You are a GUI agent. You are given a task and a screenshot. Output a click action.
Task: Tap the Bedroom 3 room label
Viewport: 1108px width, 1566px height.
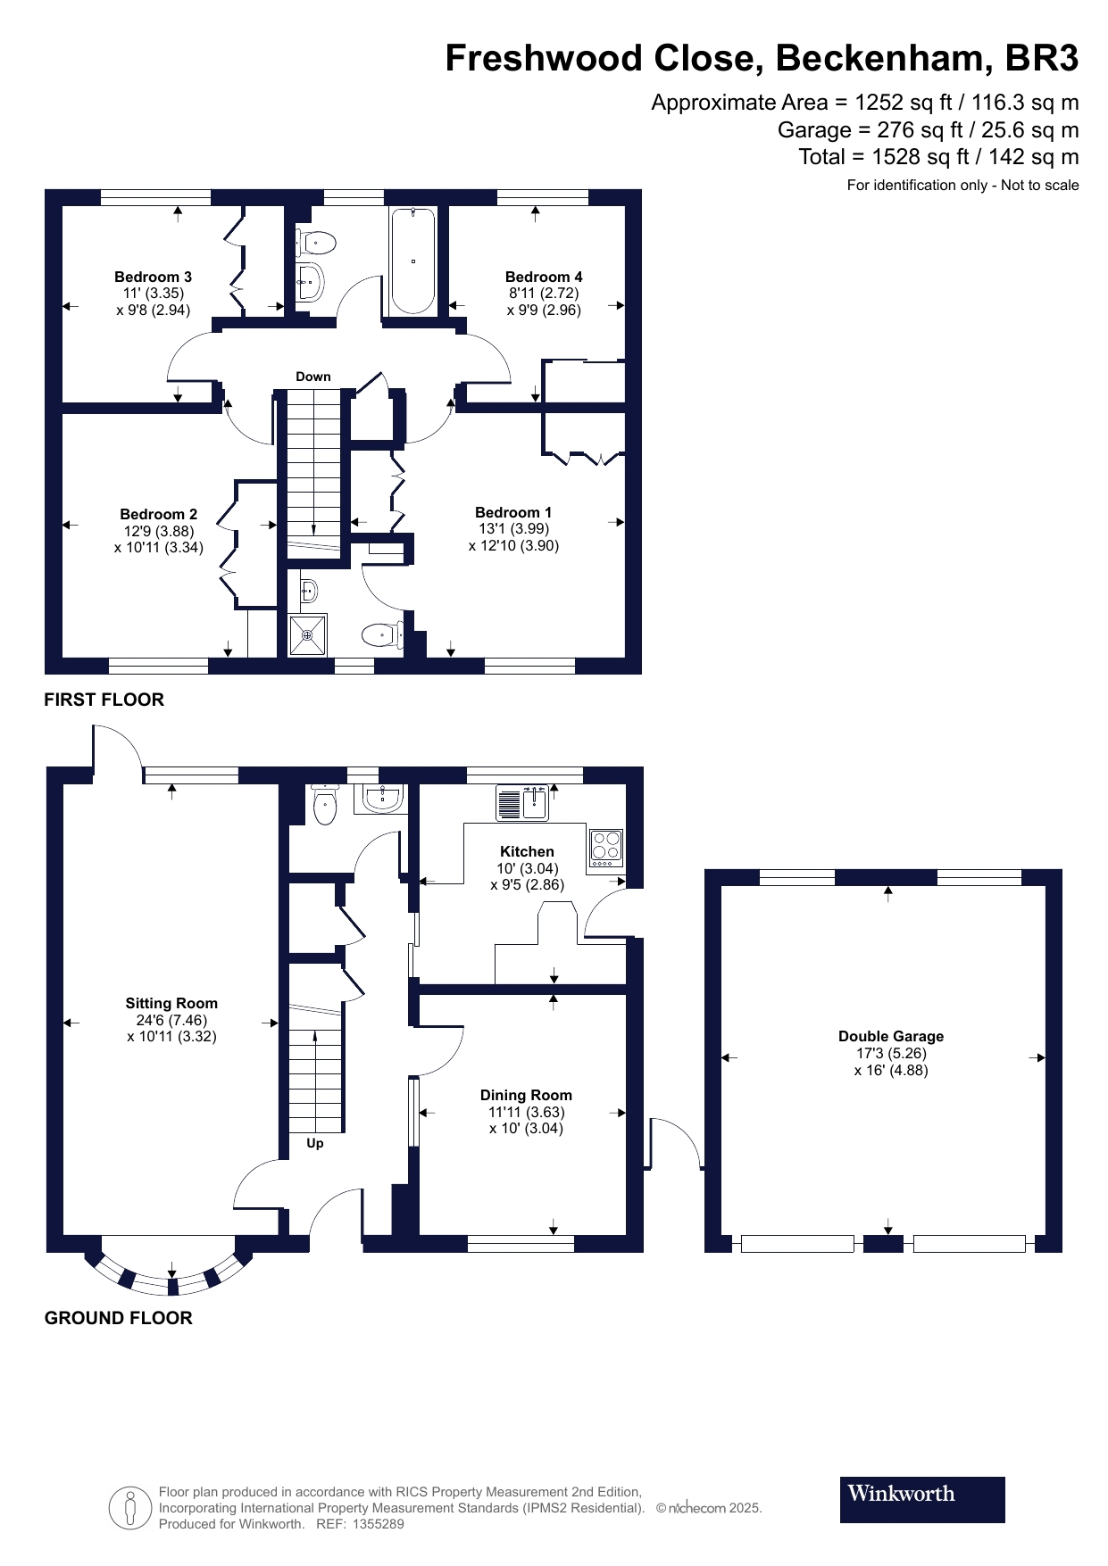coord(153,277)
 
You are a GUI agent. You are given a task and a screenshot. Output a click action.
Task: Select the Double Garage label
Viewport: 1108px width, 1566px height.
coord(890,1036)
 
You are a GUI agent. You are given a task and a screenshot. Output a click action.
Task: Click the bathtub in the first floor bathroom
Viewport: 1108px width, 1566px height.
coord(412,260)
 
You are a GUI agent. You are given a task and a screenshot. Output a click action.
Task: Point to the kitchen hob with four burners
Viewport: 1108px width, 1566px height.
coord(606,846)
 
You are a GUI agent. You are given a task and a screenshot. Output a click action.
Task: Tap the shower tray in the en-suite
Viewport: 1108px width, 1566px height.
coord(307,634)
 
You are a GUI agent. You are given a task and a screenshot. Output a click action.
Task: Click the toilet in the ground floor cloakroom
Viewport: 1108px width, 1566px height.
coord(325,807)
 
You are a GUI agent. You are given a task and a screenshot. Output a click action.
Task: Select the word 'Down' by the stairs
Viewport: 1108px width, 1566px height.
coord(312,377)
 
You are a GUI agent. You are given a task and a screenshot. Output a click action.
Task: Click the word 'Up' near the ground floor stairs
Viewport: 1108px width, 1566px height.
coord(314,1143)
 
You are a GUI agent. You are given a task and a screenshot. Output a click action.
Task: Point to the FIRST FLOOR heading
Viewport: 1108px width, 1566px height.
coord(104,700)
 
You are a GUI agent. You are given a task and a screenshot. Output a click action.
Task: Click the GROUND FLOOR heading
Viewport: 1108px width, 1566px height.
coord(118,1318)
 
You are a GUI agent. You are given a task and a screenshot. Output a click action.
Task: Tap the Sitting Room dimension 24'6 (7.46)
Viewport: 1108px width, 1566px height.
coord(171,1020)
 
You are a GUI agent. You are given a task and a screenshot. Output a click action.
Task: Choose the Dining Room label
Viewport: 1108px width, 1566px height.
coord(526,1095)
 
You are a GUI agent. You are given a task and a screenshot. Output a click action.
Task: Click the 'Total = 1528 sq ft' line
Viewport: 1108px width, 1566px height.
coord(937,157)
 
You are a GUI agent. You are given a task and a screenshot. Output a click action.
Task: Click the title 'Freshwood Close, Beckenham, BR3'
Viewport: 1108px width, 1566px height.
coord(762,59)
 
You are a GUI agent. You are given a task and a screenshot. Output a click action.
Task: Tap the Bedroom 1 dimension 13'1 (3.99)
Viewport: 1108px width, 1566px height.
coord(513,528)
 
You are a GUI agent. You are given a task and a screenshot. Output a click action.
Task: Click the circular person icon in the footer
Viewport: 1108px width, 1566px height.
coord(130,1508)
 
